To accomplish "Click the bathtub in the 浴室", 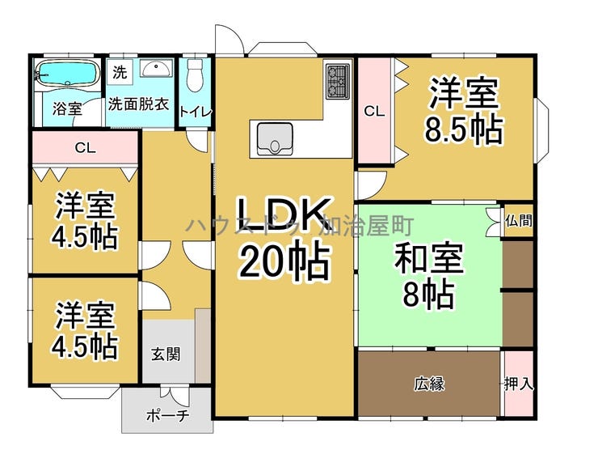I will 67,74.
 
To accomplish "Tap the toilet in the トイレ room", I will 194,77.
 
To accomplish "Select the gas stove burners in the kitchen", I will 336,79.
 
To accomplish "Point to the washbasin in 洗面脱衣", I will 155,70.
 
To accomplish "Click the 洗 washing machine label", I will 120,71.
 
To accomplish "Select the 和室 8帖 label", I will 428,277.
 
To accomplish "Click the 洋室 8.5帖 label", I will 464,112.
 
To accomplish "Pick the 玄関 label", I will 166,354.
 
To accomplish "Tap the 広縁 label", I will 430,384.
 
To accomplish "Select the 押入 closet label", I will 519,384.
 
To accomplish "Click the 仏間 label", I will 518,220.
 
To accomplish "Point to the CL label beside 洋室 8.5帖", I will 373,112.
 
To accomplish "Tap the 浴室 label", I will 67,108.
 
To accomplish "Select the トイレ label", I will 196,112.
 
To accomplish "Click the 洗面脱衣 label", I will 139,104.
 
